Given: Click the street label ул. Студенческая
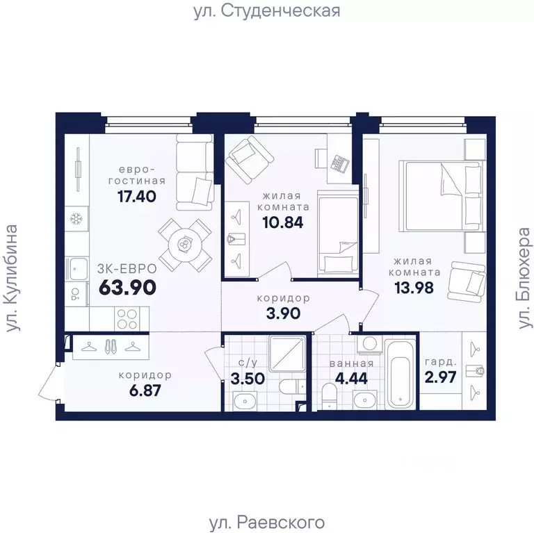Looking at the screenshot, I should point(267,11).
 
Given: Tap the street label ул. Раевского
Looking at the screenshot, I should point(266,521).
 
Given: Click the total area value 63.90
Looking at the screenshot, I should point(127,286).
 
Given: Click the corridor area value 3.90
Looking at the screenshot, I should point(283,313).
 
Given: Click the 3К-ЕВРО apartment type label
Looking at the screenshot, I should point(127,268).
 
